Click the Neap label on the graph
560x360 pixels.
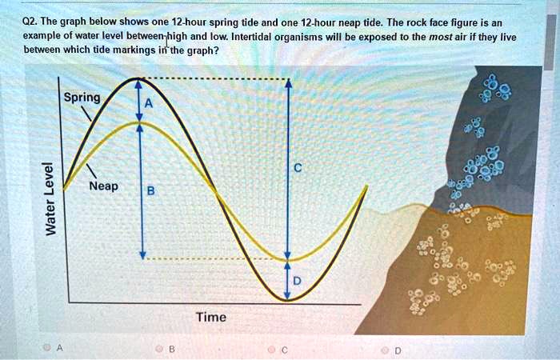(104, 186)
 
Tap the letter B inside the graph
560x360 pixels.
(151, 191)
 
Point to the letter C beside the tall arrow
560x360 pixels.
(297, 168)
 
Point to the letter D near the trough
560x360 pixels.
(298, 282)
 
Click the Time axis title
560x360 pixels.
(211, 318)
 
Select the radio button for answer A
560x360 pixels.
(48, 348)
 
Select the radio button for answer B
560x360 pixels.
(160, 348)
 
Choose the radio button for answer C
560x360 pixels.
(272, 348)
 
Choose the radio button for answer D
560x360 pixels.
(386, 348)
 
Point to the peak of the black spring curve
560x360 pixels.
(138, 79)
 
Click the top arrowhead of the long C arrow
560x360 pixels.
(288, 84)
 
